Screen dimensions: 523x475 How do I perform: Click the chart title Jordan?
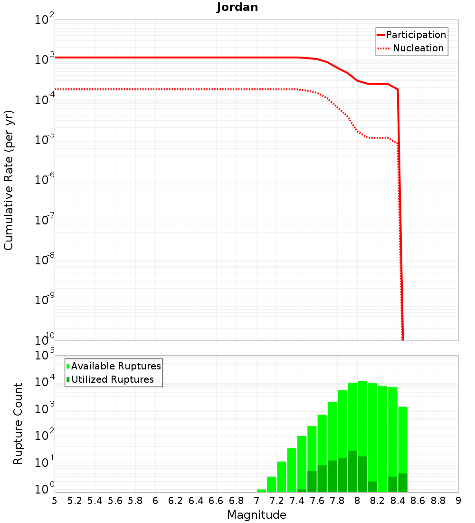(237, 7)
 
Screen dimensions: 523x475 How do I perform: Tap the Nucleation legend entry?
(418, 48)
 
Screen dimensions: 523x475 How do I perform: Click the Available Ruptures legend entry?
(116, 366)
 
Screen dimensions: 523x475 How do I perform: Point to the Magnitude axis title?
(256, 515)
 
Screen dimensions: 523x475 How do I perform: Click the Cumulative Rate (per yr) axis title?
(9, 180)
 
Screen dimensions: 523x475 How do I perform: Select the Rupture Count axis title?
(18, 424)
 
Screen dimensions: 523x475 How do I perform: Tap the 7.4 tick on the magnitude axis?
(297, 501)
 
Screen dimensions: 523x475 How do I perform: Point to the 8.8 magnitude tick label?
(438, 501)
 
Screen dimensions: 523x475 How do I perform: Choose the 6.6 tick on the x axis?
(216, 501)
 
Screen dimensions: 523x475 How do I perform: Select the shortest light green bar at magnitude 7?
(261, 491)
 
